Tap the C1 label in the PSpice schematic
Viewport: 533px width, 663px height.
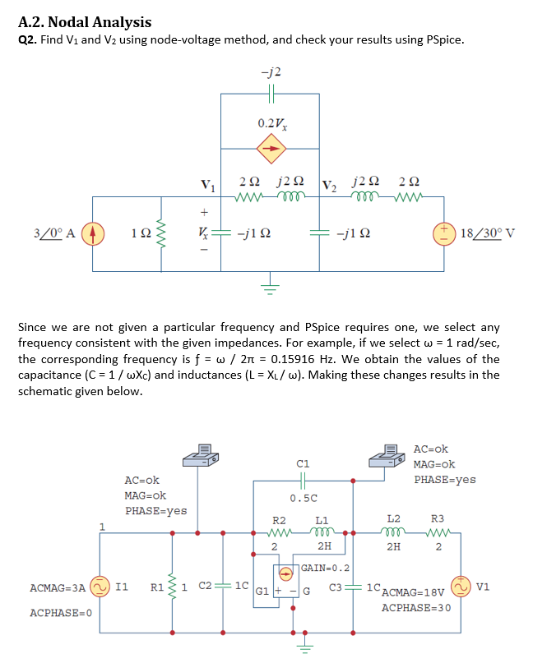(302, 463)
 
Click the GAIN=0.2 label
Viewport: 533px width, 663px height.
(326, 568)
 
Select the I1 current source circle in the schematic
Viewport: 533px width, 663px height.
(99, 587)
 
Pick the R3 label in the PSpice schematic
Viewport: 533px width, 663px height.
(438, 518)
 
